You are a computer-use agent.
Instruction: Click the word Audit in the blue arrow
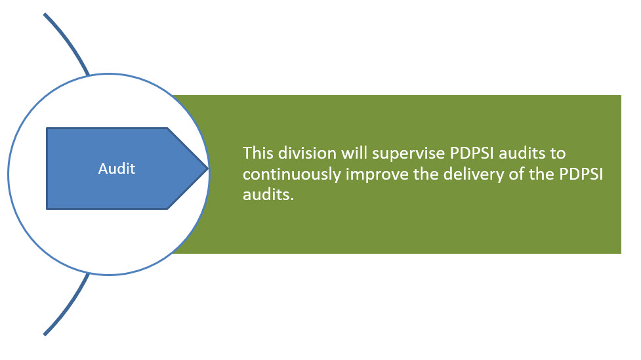117,169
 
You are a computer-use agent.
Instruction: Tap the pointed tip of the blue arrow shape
209,168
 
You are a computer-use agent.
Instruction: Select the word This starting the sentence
258,153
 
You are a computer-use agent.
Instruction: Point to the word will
354,153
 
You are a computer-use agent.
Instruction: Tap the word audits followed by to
522,153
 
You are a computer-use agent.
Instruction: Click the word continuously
291,175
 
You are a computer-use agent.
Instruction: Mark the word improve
377,175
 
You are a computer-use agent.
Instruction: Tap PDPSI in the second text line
581,174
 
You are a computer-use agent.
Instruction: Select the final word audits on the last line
266,194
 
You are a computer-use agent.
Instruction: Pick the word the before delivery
426,174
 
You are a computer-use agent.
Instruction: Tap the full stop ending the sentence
292,199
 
